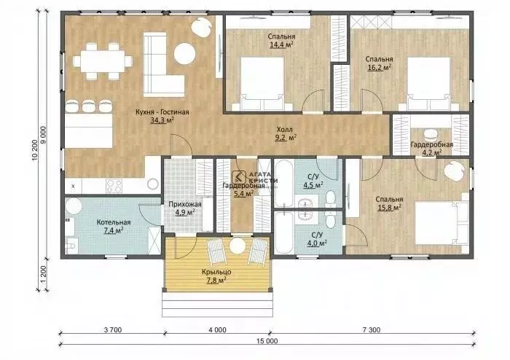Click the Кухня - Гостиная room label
coord(162,112)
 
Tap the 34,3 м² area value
coord(162,120)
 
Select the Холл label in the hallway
coord(285,129)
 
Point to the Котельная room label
coord(114,222)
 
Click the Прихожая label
coord(185,205)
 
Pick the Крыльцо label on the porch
coord(216,272)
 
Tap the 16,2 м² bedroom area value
coord(379,67)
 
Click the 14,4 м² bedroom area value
coord(281,44)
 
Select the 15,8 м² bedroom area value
coord(389,208)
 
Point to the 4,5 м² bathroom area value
coord(313,185)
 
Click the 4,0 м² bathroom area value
coord(317,243)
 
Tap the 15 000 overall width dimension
coord(267,341)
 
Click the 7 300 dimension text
coord(371,329)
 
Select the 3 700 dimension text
coord(113,329)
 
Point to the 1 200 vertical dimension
coord(44,274)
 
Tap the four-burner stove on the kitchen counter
coord(114,186)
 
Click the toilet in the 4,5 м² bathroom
coord(331,199)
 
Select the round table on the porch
coord(237,246)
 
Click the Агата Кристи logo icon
coord(239,178)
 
